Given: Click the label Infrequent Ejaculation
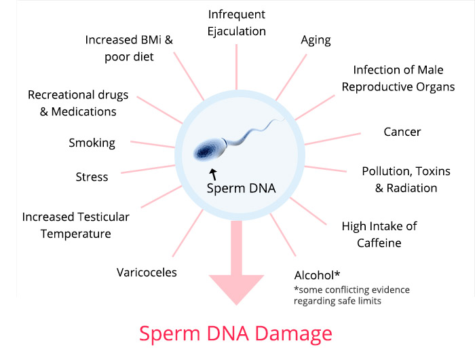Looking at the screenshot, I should pyautogui.click(x=237, y=22).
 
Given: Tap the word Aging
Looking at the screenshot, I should pyautogui.click(x=316, y=39).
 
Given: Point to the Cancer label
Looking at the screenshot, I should pyautogui.click(x=402, y=132).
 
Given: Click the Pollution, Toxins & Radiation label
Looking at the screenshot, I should pyautogui.click(x=406, y=179).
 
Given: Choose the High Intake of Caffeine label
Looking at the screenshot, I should pyautogui.click(x=379, y=234).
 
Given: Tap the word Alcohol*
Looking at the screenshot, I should pyautogui.click(x=317, y=275).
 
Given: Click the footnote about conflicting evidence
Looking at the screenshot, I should pyautogui.click(x=351, y=295).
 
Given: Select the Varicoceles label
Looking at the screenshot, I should pyautogui.click(x=147, y=272).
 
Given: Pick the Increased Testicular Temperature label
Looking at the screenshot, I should pyautogui.click(x=75, y=225).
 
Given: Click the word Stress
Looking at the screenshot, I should pyautogui.click(x=92, y=177).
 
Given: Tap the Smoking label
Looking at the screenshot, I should pyautogui.click(x=92, y=143).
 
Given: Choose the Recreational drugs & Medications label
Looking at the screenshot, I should pyautogui.click(x=78, y=103).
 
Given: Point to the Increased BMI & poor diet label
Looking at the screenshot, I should pyautogui.click(x=129, y=48).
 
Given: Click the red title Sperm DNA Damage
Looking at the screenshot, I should pyautogui.click(x=235, y=334).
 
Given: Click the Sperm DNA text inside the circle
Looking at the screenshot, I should pyautogui.click(x=241, y=188).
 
